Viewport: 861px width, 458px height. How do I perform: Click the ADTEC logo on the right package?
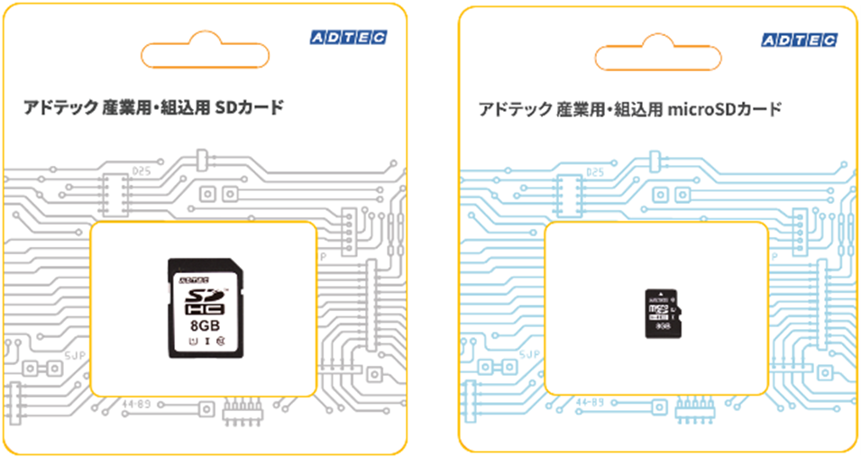pos(799,40)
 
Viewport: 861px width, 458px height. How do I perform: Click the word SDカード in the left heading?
pos(250,108)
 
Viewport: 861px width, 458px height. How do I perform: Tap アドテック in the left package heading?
pos(62,108)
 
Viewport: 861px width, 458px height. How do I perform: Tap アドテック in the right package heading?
pos(515,110)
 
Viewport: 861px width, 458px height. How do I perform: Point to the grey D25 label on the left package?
pos(141,170)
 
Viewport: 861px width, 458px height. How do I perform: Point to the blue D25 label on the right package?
pos(594,172)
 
